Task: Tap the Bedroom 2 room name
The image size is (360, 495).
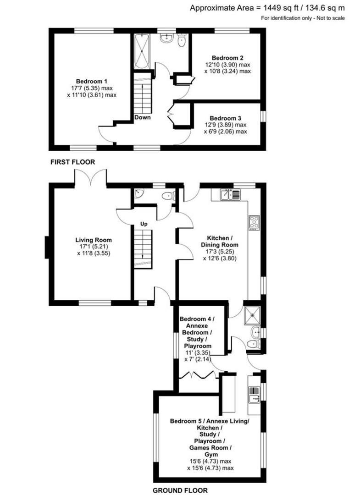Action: tap(227, 58)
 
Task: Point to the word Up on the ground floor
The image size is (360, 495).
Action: tap(144, 224)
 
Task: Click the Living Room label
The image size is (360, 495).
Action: tap(94, 240)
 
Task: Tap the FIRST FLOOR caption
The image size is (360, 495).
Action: tap(72, 162)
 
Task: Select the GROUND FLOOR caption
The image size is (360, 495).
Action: tap(178, 490)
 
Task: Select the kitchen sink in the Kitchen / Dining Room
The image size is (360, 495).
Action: tap(230, 195)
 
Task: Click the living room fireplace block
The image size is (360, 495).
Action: tap(47, 248)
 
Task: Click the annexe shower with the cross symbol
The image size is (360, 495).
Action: tap(251, 312)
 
